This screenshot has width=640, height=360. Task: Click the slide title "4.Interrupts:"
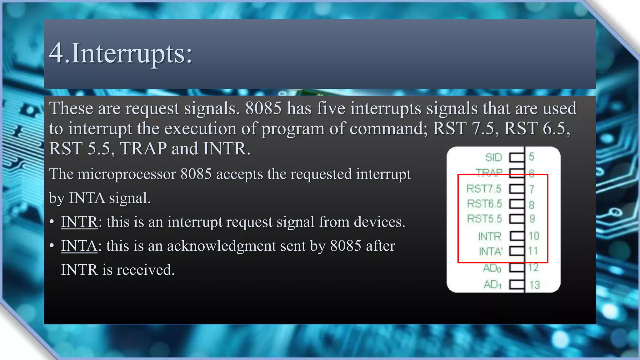coord(121,53)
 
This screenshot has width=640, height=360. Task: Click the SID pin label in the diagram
coord(493,157)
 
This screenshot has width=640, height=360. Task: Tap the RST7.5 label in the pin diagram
coord(483,189)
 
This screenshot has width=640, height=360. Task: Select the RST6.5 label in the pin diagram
coord(484,204)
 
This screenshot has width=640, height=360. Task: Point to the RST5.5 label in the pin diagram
coord(484,219)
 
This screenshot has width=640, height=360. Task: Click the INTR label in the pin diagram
coord(489,236)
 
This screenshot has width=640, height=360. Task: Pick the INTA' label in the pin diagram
coord(490,251)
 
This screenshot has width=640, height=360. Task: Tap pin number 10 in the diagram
coord(534,236)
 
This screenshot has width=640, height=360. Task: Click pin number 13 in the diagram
coord(534,285)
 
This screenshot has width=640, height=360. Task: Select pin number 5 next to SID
coord(532,157)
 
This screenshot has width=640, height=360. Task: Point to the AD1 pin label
coord(492,284)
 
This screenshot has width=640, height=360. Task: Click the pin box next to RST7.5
coord(517,189)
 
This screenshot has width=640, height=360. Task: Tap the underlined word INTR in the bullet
coord(79,222)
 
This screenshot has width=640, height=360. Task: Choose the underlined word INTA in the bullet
coord(79,246)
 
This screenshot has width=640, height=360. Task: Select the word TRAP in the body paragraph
coord(143,148)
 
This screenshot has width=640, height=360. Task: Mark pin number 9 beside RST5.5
coord(532,219)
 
